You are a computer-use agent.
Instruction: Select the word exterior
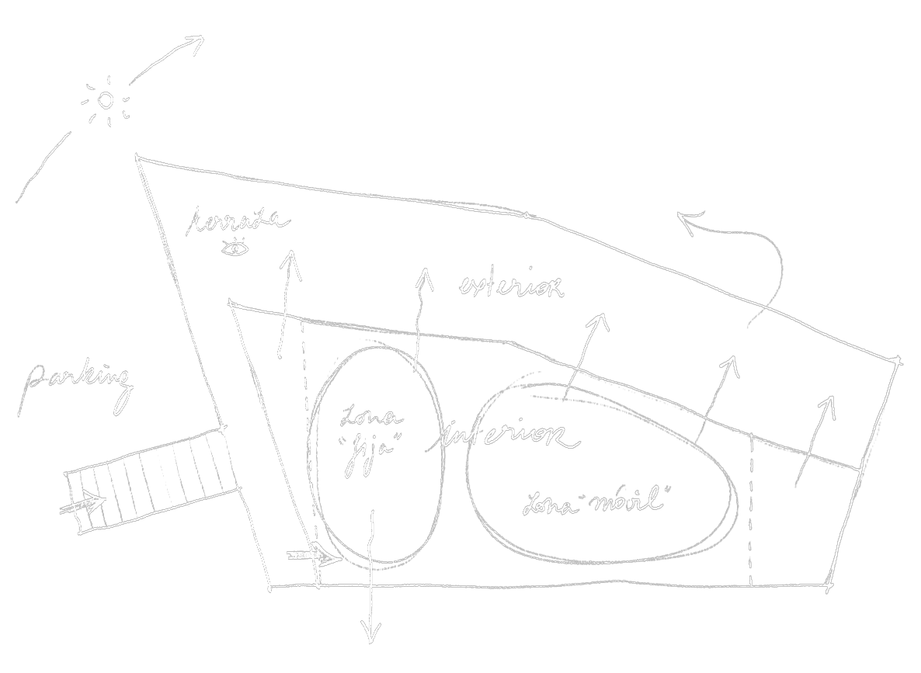coord(510,286)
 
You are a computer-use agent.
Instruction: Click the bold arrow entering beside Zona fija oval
coord(315,556)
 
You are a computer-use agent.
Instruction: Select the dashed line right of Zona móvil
coord(751,508)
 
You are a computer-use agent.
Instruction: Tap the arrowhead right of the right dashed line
coord(828,405)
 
